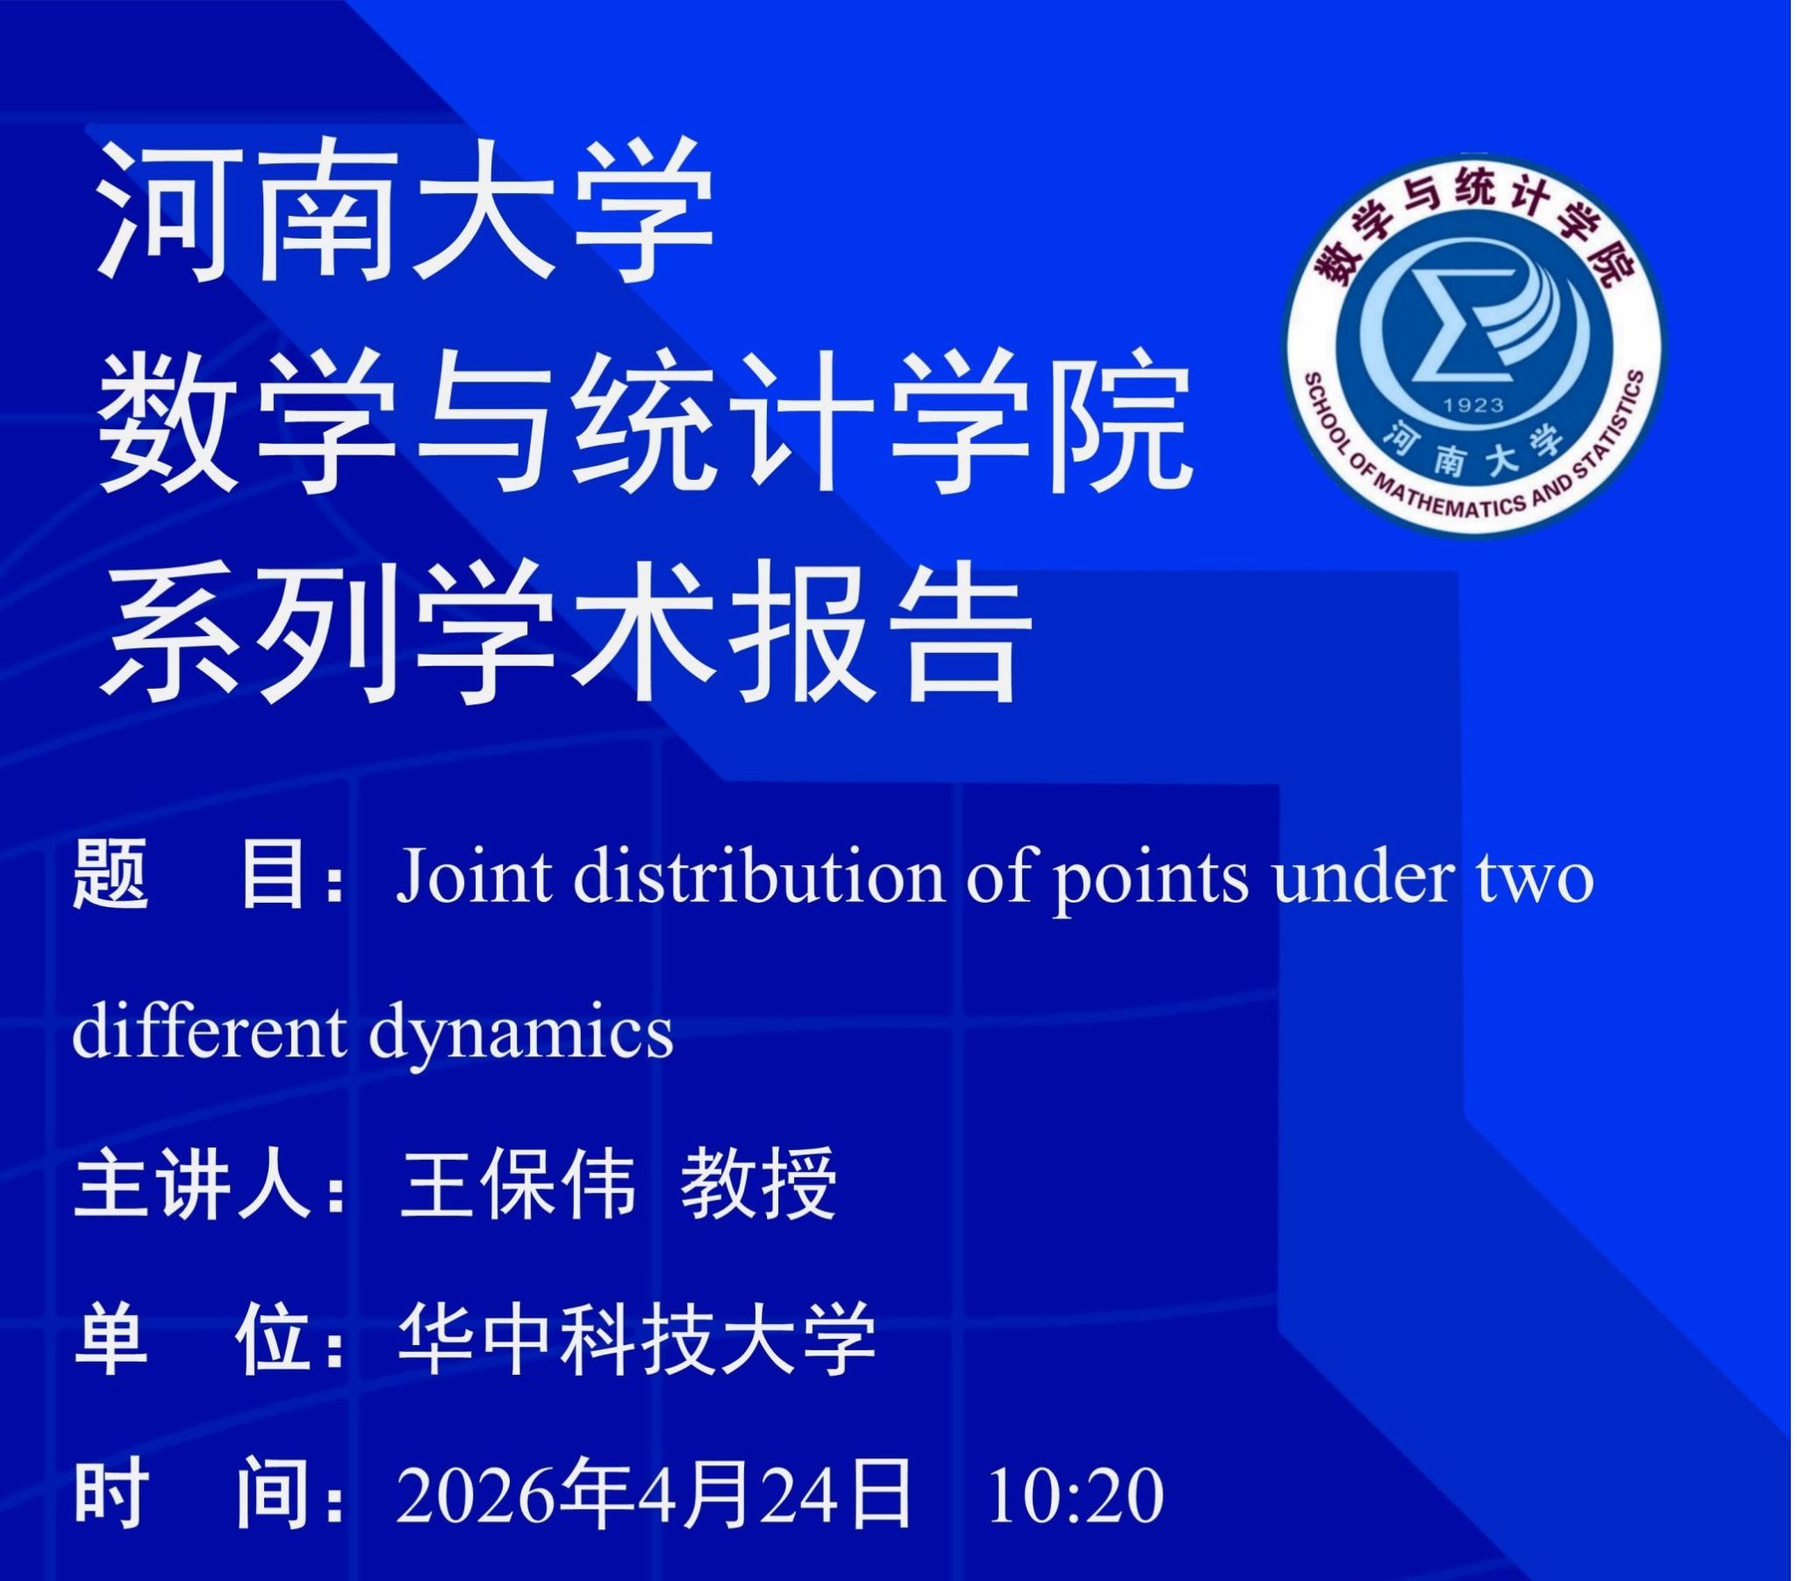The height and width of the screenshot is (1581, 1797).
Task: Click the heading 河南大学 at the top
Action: coord(405,212)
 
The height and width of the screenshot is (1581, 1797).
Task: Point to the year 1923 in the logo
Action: coord(1473,405)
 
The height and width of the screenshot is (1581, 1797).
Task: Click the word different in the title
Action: coord(209,1032)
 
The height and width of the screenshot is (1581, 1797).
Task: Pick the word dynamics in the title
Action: coord(521,1036)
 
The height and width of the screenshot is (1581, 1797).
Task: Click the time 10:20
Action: coord(1076,1496)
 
